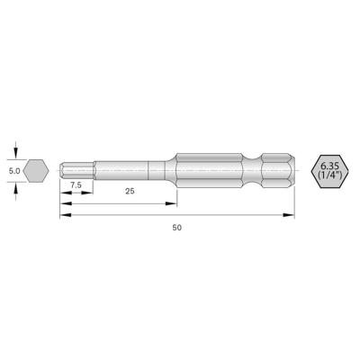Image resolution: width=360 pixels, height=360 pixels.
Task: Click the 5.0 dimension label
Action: click(14, 168)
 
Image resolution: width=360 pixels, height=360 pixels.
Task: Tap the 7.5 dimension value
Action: click(78, 185)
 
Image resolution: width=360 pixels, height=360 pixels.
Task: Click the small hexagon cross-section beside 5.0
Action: click(36, 168)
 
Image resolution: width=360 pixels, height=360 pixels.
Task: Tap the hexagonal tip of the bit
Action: click(71, 168)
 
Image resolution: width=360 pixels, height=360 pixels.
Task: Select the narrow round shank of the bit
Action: click(126, 168)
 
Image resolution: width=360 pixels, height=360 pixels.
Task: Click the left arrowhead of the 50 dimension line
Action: click(64, 213)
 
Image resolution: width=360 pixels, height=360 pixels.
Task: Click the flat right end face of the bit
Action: click(294, 168)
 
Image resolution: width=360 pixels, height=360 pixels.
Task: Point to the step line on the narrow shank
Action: click(148, 168)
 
